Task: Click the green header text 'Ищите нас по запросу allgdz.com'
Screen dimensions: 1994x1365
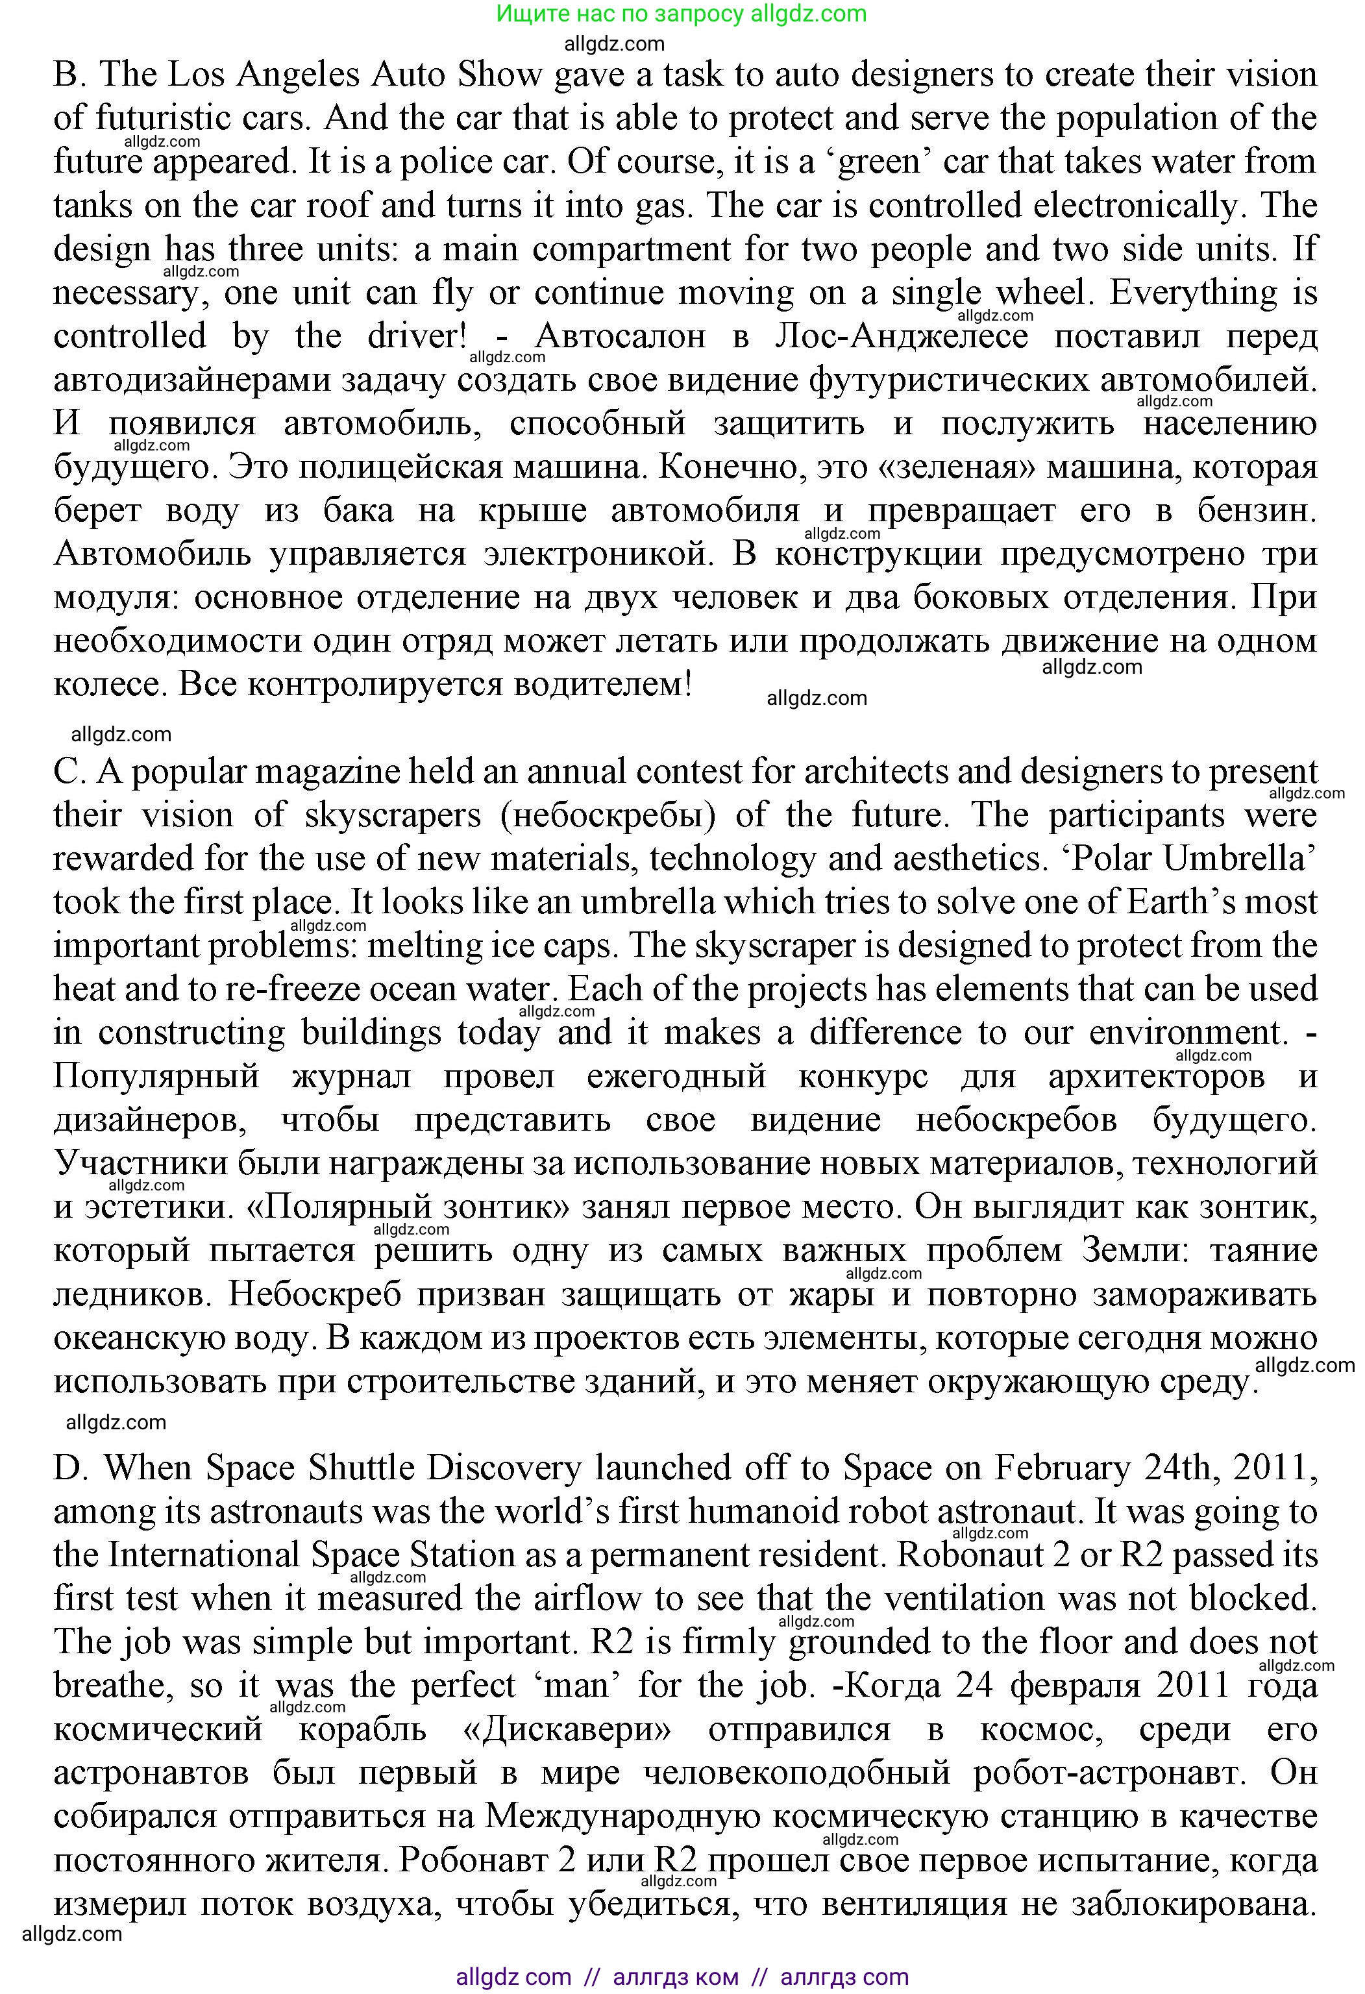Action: (682, 14)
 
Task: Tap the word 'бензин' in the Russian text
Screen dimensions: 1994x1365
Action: (1255, 511)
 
